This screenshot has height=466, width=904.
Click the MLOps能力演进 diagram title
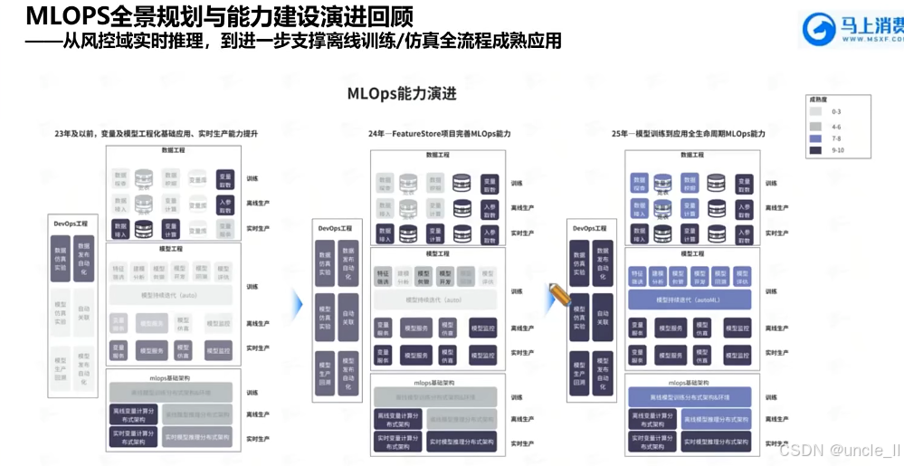click(x=402, y=94)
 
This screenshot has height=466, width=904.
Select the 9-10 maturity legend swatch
click(x=815, y=149)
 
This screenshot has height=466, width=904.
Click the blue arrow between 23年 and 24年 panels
click(x=297, y=304)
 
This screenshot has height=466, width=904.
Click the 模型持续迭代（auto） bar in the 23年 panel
click(x=170, y=295)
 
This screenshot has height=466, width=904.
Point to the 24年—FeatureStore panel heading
click(x=440, y=134)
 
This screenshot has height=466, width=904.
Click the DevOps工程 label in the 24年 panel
click(x=336, y=228)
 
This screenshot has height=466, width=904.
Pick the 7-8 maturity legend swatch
click(x=815, y=137)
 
